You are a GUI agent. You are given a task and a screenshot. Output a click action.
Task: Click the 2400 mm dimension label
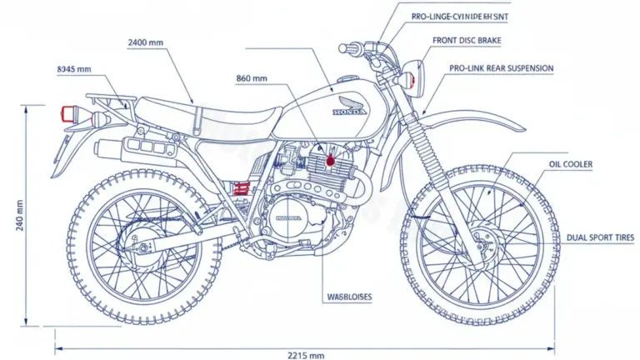click(146, 41)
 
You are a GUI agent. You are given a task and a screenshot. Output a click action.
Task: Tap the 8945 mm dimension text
click(73, 69)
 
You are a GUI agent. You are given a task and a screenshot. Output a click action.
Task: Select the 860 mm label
click(252, 78)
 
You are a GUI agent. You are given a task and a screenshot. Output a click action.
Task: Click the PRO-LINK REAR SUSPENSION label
click(489, 67)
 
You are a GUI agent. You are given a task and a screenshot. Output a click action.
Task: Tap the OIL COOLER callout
click(571, 165)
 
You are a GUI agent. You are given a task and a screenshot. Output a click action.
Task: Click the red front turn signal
click(412, 81)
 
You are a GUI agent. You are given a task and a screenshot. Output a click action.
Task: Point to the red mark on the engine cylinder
click(331, 160)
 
